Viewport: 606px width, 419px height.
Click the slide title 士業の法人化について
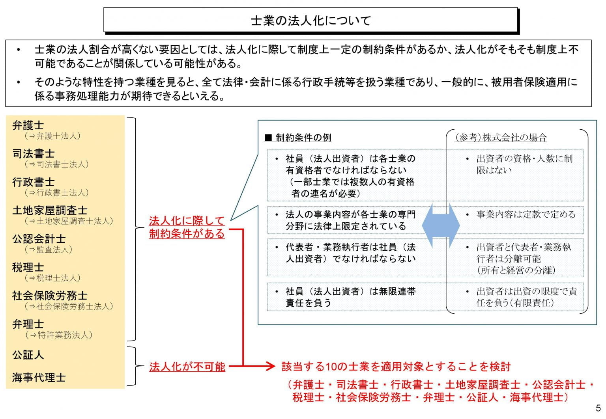tap(310, 20)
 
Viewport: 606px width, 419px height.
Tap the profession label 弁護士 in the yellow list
tap(28, 125)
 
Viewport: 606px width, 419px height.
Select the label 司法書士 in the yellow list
tap(34, 154)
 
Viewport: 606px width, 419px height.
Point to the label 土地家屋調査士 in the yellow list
tap(50, 210)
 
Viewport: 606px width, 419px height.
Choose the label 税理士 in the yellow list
tap(28, 268)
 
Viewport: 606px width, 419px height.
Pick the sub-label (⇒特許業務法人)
tap(58, 335)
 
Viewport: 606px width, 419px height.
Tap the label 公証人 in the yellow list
tap(28, 355)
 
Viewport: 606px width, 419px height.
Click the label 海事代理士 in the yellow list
tap(39, 378)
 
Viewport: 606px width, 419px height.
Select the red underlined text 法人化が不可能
tap(187, 367)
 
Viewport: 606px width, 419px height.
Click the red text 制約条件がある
tap(187, 234)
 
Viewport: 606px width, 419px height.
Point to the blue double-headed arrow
tap(441, 225)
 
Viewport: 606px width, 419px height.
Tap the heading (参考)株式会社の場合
tap(501, 138)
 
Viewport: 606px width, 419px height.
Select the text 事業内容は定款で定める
tap(526, 215)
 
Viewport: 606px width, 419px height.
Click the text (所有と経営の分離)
tap(516, 270)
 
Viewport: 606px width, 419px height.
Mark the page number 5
tap(599, 408)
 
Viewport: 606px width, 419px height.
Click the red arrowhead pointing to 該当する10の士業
tap(270, 367)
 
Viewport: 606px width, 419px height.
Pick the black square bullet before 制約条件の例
tap(268, 138)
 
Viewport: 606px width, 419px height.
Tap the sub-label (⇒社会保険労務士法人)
tap(69, 306)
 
